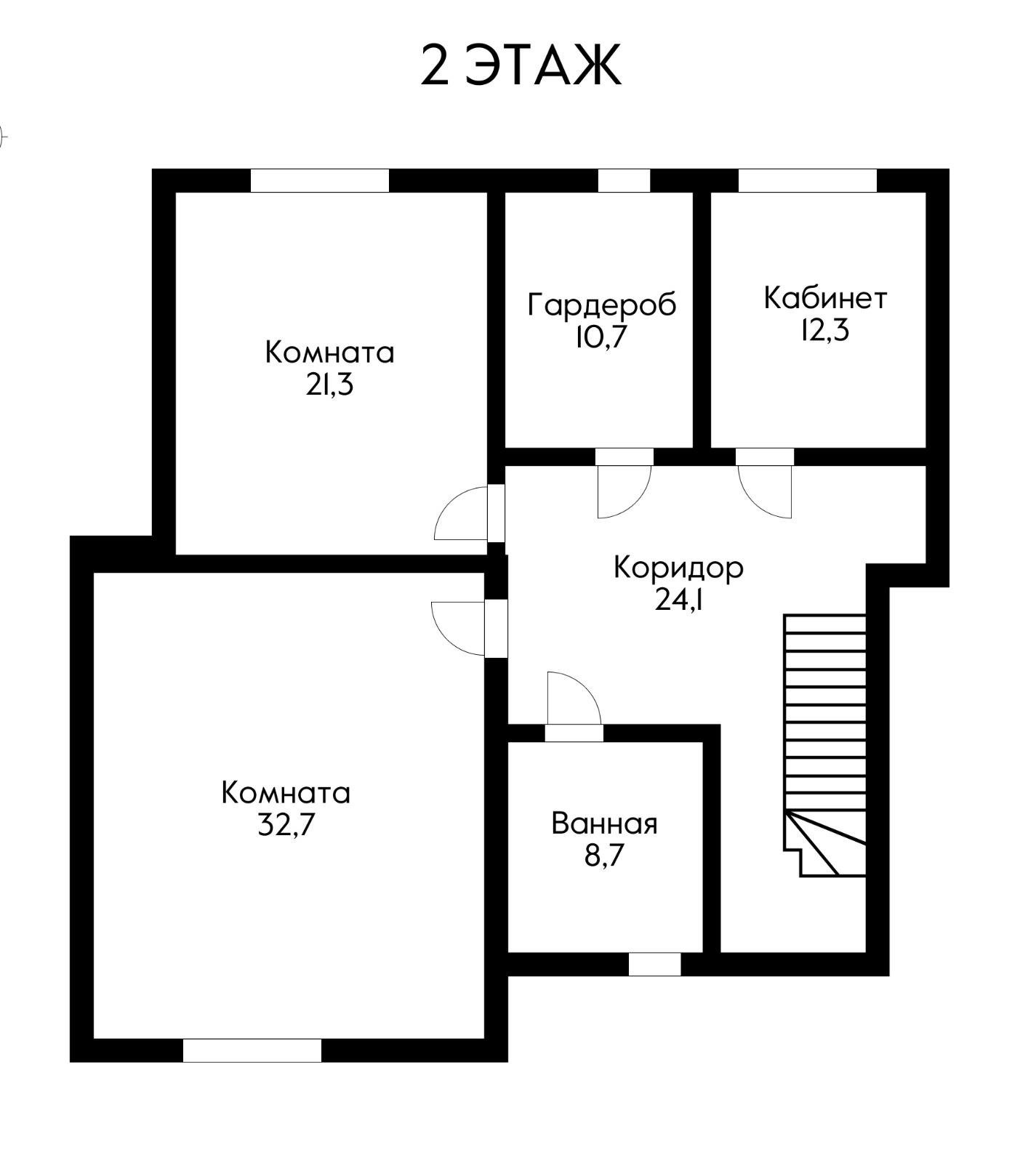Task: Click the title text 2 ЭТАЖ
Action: [x=521, y=65]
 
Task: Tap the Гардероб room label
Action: [x=601, y=304]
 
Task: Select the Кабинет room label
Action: [x=825, y=298]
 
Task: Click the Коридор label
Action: [x=678, y=567]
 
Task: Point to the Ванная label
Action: [x=604, y=824]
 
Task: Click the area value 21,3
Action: [x=329, y=385]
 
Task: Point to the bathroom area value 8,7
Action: [x=604, y=856]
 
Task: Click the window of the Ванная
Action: [x=654, y=965]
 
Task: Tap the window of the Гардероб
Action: [x=624, y=181]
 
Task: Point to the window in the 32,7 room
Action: [x=252, y=1050]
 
